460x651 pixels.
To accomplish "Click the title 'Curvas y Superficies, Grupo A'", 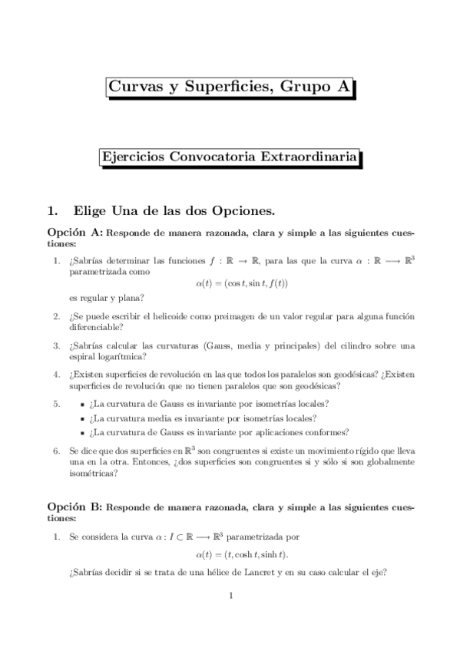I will (x=230, y=88).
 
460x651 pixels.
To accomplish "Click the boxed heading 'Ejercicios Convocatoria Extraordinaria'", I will (x=230, y=157).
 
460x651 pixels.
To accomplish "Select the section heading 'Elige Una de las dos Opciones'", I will (x=173, y=210).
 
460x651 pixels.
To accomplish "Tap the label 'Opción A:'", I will (x=74, y=231).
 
